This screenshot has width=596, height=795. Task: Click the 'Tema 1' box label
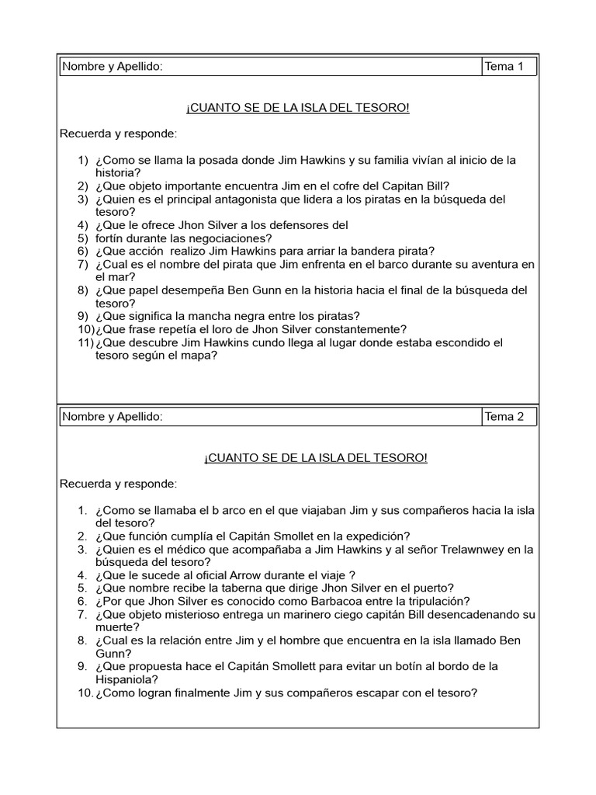[x=504, y=67]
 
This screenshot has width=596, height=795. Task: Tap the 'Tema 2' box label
[x=504, y=417]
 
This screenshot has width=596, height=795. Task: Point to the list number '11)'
[x=85, y=342]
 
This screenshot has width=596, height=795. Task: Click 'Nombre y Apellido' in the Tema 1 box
[x=113, y=67]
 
